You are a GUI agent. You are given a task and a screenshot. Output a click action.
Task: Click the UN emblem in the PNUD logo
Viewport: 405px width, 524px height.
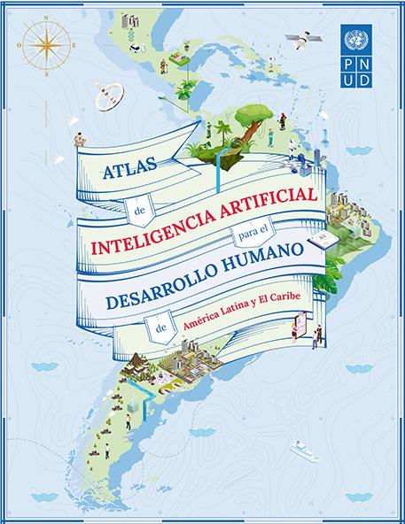click(355, 39)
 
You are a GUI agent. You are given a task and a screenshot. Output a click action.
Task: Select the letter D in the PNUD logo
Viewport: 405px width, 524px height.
click(366, 80)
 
